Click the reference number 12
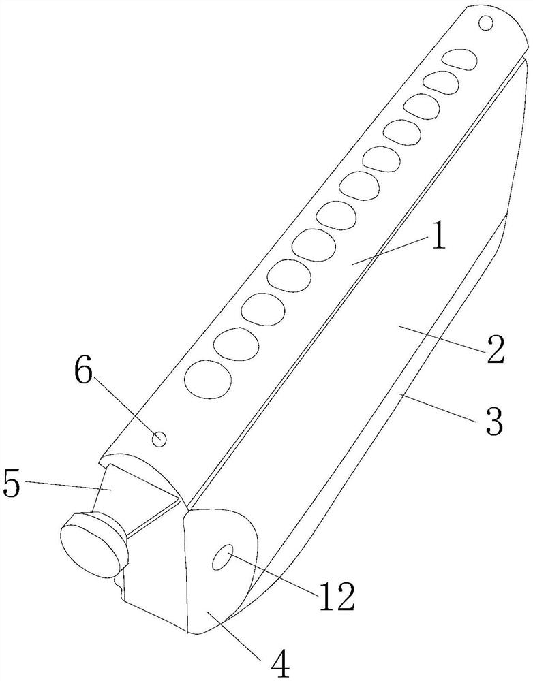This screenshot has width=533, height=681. coord(336,598)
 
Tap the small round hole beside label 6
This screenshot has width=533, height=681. coord(159,439)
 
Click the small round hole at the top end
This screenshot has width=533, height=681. coord(486,24)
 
